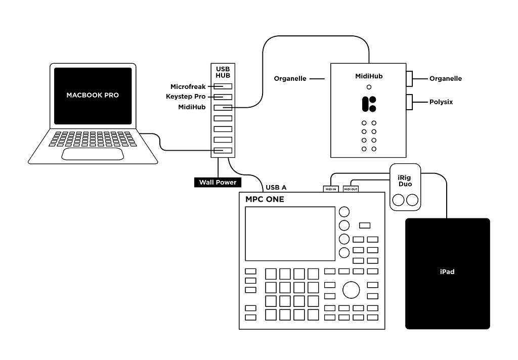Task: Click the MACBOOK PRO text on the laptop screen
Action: (x=93, y=95)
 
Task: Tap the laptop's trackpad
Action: (x=92, y=154)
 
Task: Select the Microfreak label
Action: (x=188, y=87)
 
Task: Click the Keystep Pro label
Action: (x=186, y=97)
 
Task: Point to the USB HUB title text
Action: (x=223, y=72)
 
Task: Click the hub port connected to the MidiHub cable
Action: (x=223, y=107)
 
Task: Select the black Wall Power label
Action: (x=218, y=182)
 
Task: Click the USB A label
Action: (x=276, y=188)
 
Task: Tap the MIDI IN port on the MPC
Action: (x=331, y=189)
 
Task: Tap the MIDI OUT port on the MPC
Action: (x=351, y=189)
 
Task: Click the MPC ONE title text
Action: (x=265, y=199)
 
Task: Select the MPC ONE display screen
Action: (x=290, y=234)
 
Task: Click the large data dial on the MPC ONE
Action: (x=351, y=290)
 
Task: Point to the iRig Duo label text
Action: (x=405, y=181)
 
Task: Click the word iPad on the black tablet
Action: (x=447, y=272)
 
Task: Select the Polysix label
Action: (x=441, y=102)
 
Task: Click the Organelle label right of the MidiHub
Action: (x=446, y=79)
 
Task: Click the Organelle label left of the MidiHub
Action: (x=290, y=79)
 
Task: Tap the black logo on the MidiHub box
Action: (x=369, y=104)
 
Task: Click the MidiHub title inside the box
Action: (x=369, y=76)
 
